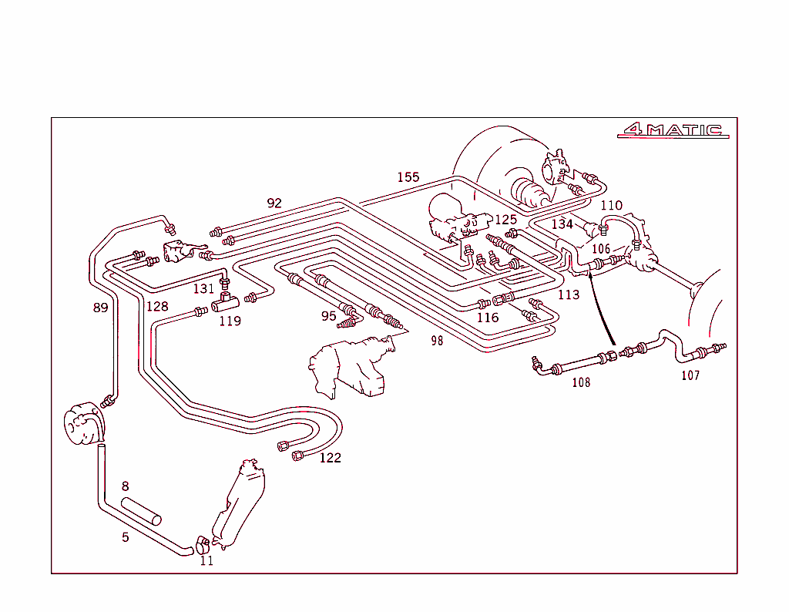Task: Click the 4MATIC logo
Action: coord(673,130)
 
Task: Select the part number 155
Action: coord(408,177)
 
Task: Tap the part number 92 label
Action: coord(274,203)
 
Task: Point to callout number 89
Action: coord(100,308)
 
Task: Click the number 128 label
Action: coord(157,306)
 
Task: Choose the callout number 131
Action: coord(203,289)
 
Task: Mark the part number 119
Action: coord(230,321)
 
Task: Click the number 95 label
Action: coord(329,315)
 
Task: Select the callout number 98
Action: coord(437,341)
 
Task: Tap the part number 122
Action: coord(330,458)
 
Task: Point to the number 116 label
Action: coord(487,318)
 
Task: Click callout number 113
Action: coord(569,295)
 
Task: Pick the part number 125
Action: coord(505,220)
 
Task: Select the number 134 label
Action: coord(562,224)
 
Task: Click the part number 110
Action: coord(611,205)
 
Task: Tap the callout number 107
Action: coord(690,376)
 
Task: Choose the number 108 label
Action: coord(581,382)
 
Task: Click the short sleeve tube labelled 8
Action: coord(142,510)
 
